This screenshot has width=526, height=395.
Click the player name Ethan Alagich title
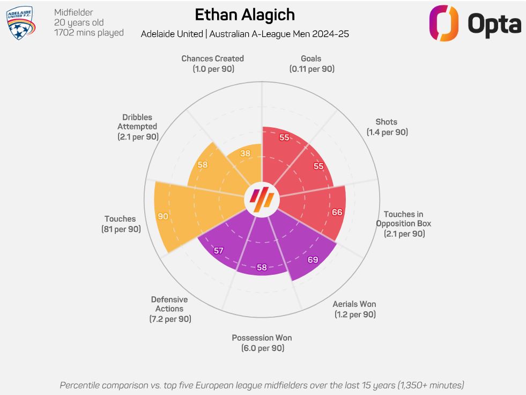pyautogui.click(x=245, y=14)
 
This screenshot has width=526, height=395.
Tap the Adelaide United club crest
pyautogui.click(x=20, y=23)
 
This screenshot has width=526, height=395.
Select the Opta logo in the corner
pyautogui.click(x=475, y=23)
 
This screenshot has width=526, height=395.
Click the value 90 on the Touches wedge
pyautogui.click(x=163, y=216)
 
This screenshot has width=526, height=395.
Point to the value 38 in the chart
pyautogui.click(x=246, y=153)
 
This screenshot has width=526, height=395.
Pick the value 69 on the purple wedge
pyautogui.click(x=313, y=260)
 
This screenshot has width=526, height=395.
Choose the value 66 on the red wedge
pyautogui.click(x=337, y=212)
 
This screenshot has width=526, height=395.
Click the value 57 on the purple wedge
pyautogui.click(x=219, y=251)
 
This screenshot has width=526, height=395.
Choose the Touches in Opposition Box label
pyautogui.click(x=404, y=224)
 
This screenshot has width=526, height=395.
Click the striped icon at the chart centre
pyautogui.click(x=262, y=199)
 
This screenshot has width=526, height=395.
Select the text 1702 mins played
pyautogui.click(x=88, y=33)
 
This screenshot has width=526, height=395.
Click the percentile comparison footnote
pyautogui.click(x=262, y=385)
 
